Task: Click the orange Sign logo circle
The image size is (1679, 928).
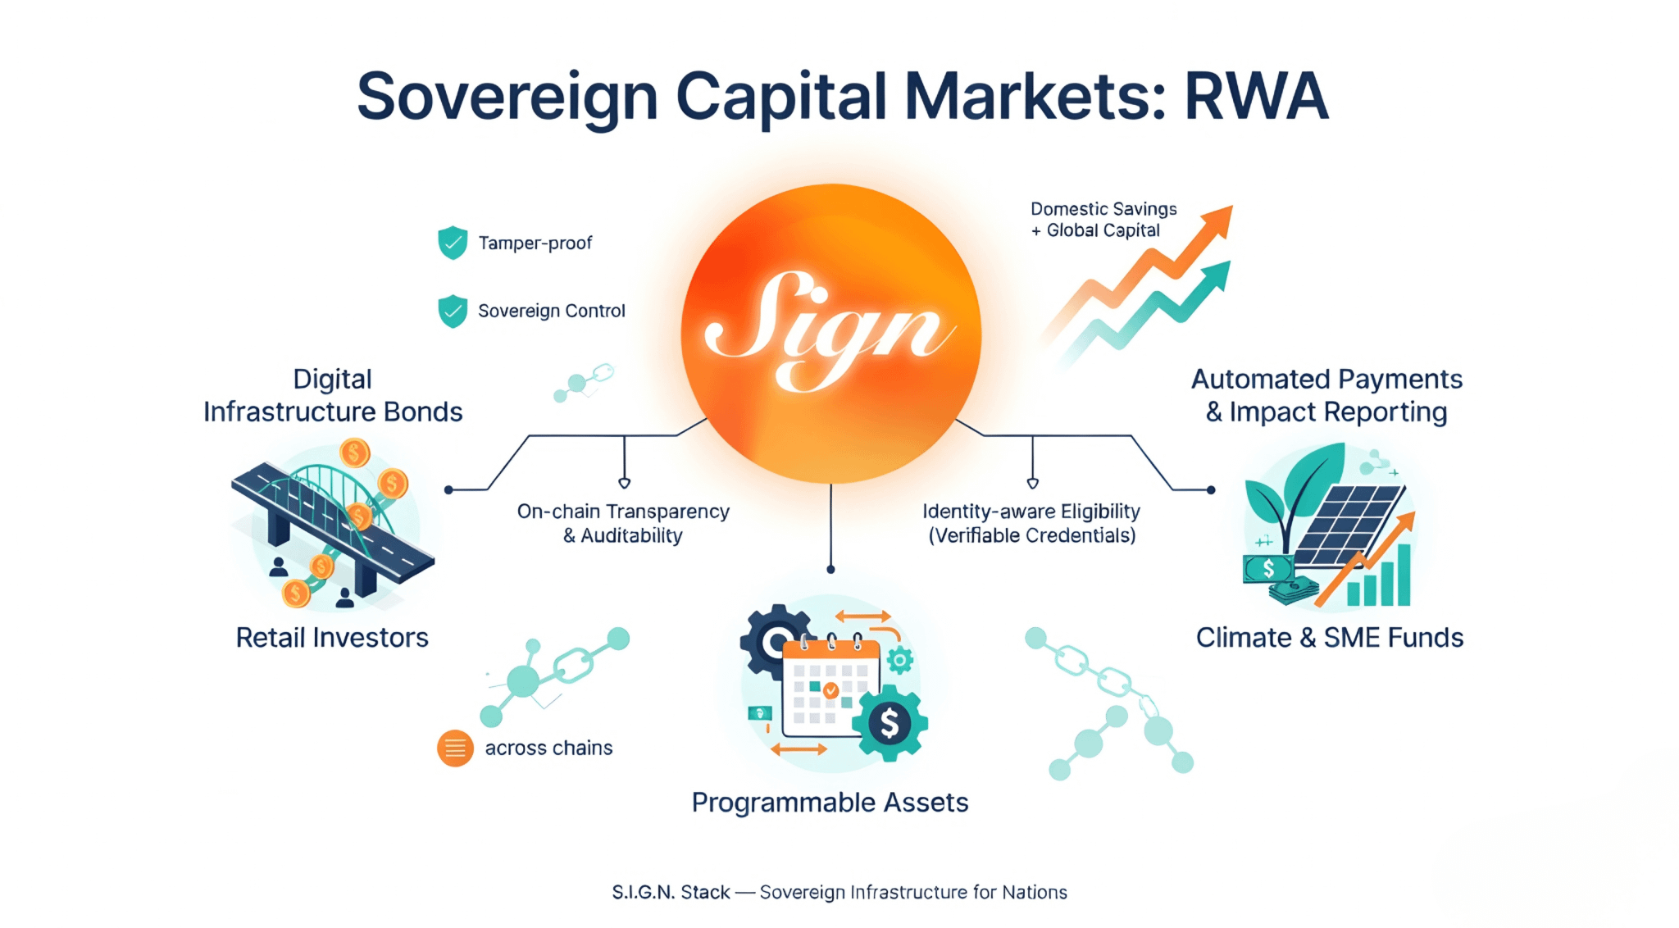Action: (830, 333)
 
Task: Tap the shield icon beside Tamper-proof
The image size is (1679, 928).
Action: (453, 243)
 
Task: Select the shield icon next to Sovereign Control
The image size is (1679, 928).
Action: (453, 311)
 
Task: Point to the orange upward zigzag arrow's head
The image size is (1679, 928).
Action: (1218, 220)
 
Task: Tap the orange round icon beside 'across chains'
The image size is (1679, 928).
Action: (455, 748)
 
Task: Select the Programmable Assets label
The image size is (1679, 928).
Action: (830, 802)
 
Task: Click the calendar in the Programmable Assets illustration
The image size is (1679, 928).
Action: (830, 687)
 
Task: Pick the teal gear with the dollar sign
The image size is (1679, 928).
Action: (890, 723)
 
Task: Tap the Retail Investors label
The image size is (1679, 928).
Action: (332, 637)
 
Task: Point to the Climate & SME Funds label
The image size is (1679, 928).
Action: (1329, 637)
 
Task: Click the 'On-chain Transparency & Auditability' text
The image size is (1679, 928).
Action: (623, 523)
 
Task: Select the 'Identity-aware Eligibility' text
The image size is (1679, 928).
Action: (1031, 512)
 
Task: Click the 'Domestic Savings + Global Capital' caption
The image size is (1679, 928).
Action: (1103, 220)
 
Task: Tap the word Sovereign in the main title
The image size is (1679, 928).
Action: (507, 97)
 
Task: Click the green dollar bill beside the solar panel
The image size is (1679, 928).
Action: (1268, 568)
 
